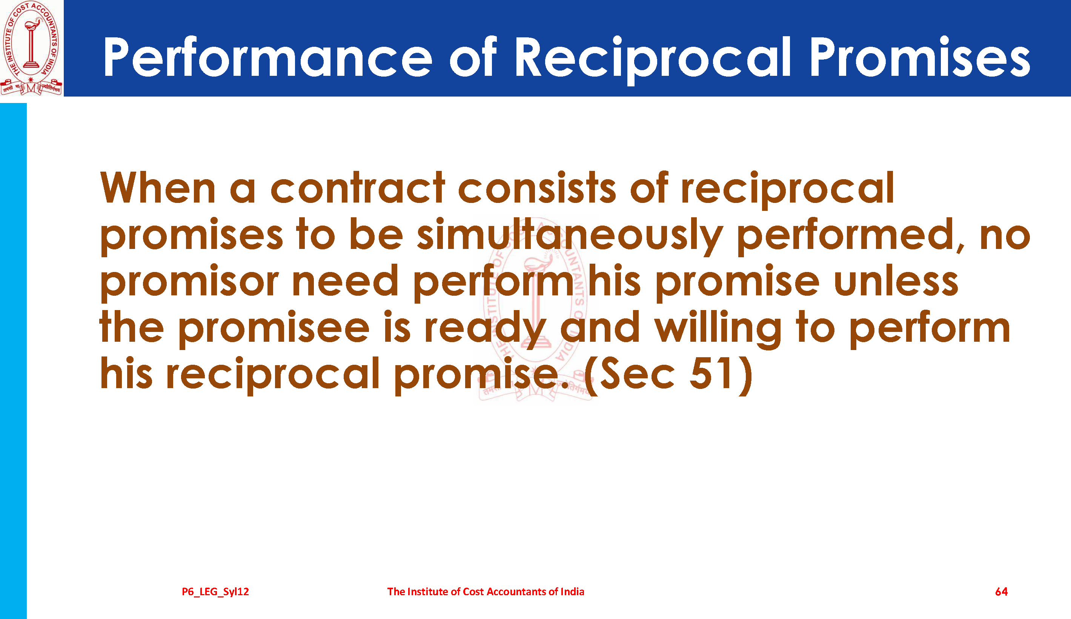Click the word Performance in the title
click(x=268, y=57)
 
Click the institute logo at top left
click(x=31, y=48)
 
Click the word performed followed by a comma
click(x=850, y=236)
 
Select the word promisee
click(x=274, y=329)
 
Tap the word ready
click(x=486, y=329)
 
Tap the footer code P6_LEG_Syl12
click(x=215, y=592)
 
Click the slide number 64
click(x=1001, y=591)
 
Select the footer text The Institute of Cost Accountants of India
click(x=486, y=591)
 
